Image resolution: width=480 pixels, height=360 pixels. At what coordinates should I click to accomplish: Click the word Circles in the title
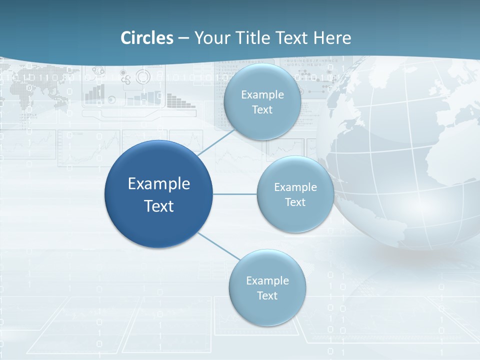pyautogui.click(x=147, y=38)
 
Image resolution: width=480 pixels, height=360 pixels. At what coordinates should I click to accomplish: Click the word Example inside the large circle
pyautogui.click(x=158, y=184)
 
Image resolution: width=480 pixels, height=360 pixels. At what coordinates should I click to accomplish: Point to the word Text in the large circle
pyautogui.click(x=158, y=206)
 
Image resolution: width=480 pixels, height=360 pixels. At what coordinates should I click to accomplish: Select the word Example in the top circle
pyautogui.click(x=262, y=95)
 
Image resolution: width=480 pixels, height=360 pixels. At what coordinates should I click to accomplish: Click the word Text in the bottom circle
pyautogui.click(x=267, y=295)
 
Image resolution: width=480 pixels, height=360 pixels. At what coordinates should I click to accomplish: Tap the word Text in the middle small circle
pyautogui.click(x=295, y=202)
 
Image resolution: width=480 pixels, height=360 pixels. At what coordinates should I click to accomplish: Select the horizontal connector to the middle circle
pyautogui.click(x=235, y=194)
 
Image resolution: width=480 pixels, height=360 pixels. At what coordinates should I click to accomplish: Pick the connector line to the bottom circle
pyautogui.click(x=218, y=246)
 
